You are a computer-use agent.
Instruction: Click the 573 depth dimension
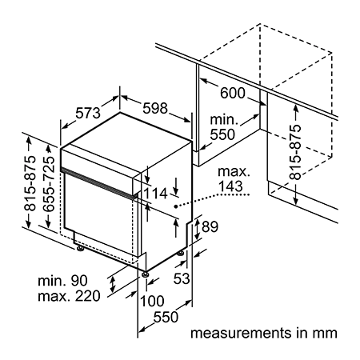click(88, 113)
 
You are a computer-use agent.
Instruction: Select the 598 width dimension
click(155, 108)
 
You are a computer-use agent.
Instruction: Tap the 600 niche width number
click(232, 93)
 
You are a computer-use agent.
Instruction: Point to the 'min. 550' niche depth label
click(223, 127)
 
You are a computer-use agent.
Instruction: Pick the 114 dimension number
click(155, 194)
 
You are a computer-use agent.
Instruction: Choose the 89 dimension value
click(210, 226)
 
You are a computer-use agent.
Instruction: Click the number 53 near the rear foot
click(182, 278)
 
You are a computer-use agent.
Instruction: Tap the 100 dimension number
click(152, 301)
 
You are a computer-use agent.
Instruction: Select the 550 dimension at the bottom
click(166, 317)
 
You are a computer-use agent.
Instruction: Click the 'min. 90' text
click(62, 281)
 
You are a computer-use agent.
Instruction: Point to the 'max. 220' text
click(69, 296)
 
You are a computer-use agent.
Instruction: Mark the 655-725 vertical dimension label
click(49, 184)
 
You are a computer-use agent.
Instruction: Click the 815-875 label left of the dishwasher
click(30, 183)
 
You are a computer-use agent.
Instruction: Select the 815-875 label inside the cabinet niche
click(295, 152)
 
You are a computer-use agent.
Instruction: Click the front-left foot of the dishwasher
click(80, 248)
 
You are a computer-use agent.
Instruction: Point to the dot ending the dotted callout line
click(175, 206)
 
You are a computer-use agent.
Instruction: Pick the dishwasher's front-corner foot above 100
click(145, 274)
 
